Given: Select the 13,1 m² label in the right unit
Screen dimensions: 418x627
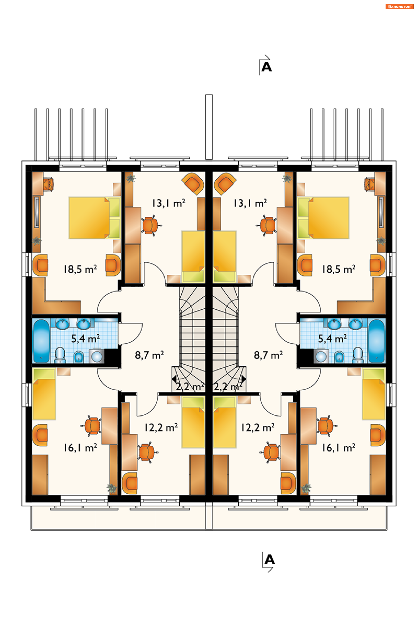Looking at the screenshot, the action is click(x=250, y=203).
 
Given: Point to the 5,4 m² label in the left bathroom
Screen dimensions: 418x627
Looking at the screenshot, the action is click(x=85, y=339).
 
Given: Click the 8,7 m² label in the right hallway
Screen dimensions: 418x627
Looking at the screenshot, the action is click(x=268, y=355).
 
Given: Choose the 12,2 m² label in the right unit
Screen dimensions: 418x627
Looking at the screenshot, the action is click(x=258, y=428).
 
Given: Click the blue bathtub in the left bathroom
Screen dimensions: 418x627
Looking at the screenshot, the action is click(x=41, y=341).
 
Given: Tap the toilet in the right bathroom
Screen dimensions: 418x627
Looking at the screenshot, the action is click(x=358, y=355).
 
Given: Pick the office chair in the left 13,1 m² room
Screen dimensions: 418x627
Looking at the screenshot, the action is click(x=151, y=225).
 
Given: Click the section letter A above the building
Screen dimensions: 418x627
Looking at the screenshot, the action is click(x=266, y=67).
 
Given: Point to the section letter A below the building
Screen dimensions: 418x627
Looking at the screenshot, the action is click(x=270, y=560).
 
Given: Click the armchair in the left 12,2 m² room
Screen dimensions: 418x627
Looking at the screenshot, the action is click(x=130, y=483).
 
